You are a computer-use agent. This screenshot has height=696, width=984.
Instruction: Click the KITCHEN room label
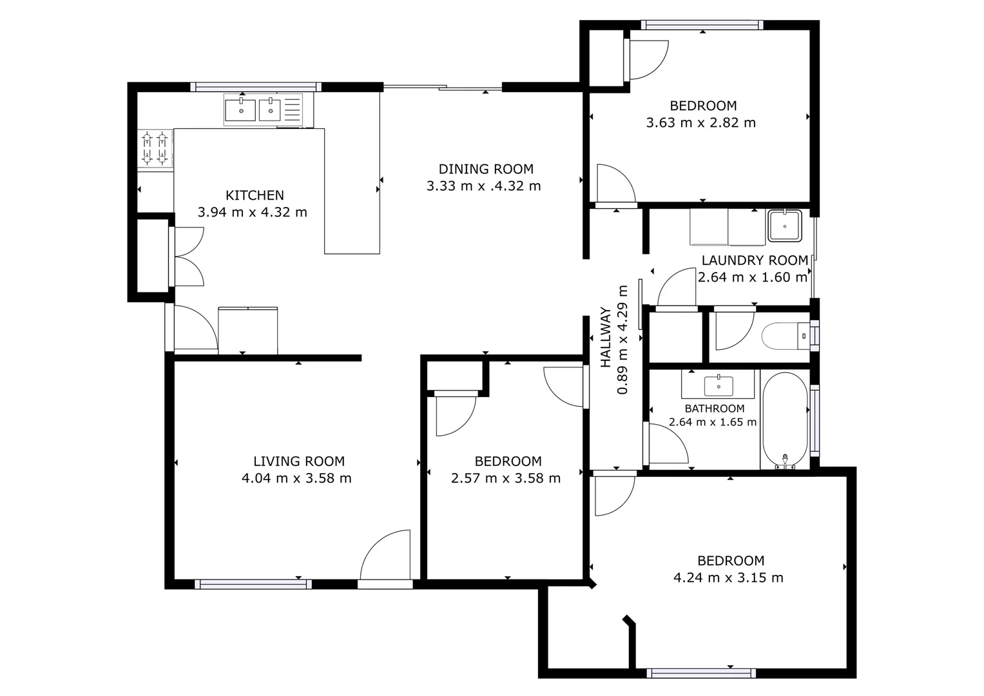tap(255, 195)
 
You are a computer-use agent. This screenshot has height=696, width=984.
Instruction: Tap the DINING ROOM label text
tap(486, 169)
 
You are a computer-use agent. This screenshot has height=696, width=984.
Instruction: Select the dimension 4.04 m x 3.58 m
tap(296, 478)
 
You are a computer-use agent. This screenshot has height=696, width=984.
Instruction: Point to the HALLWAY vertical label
tap(606, 338)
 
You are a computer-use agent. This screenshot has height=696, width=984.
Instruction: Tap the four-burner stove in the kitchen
tap(155, 148)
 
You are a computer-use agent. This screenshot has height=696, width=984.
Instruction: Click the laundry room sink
tap(784, 226)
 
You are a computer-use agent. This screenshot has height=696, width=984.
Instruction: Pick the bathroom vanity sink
tap(718, 385)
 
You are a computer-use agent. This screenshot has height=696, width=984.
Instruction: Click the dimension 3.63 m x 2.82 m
tap(701, 122)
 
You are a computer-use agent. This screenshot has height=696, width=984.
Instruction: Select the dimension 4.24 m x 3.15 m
tap(728, 577)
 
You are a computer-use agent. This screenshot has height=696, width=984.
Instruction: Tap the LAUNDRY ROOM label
tap(755, 260)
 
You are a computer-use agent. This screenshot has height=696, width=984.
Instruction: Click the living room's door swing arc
tap(385, 554)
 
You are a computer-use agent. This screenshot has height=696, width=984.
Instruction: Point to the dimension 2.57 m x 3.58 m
tap(506, 478)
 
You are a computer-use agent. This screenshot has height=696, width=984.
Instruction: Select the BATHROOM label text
tap(714, 409)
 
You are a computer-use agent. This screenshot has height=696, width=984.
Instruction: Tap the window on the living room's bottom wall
tap(253, 584)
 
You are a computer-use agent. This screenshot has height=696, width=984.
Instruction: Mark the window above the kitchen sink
tap(256, 87)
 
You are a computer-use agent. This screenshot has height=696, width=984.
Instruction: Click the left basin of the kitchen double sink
tap(240, 110)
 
